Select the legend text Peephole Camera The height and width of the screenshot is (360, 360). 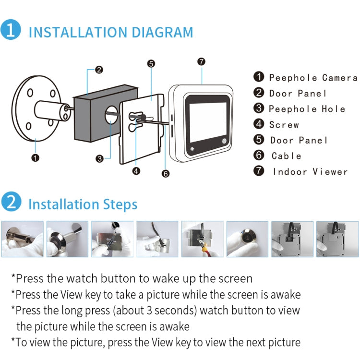click(x=313, y=78)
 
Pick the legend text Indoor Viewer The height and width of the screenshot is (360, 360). click(x=310, y=172)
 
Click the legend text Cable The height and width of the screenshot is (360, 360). click(x=287, y=156)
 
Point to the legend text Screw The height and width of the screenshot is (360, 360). click(x=284, y=125)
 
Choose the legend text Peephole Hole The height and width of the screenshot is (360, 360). click(x=307, y=109)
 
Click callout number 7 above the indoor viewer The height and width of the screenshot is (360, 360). click(x=201, y=61)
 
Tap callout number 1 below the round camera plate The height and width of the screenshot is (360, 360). click(x=35, y=157)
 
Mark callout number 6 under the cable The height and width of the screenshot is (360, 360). click(x=166, y=174)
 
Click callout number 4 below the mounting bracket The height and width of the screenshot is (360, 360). click(x=136, y=170)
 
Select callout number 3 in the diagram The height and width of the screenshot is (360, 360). click(x=99, y=158)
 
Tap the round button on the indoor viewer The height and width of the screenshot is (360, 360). click(x=225, y=141)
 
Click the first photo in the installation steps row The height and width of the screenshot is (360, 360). click(x=22, y=239)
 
